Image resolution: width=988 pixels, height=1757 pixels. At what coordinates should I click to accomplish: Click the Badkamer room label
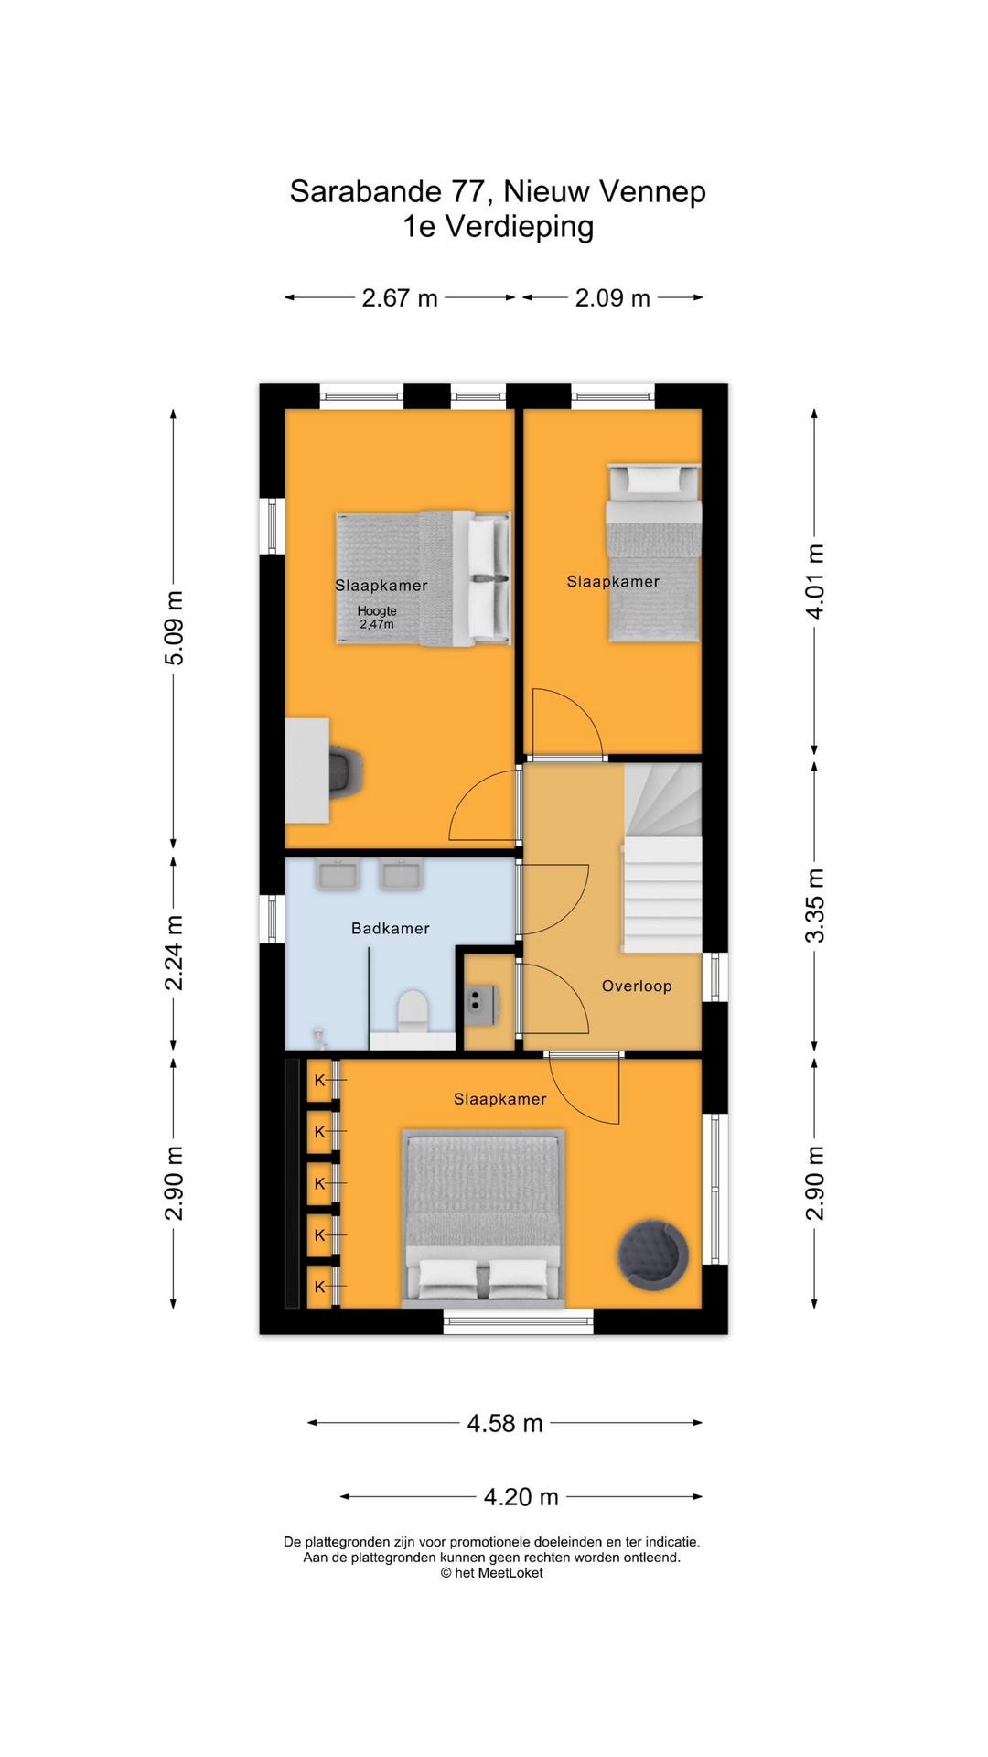(391, 929)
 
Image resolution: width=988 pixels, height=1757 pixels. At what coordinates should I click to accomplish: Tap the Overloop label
(637, 986)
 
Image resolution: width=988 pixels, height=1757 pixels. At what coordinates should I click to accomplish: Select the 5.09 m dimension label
(174, 628)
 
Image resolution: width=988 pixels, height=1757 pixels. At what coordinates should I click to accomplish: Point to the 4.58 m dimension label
(505, 1423)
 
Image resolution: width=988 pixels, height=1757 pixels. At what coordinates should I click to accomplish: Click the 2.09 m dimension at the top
(613, 298)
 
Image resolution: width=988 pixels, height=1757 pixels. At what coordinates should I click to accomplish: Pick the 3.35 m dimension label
(815, 906)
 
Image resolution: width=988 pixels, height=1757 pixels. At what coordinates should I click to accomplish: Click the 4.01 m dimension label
(815, 582)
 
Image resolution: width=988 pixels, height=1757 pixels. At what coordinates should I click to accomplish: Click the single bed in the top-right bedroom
(653, 553)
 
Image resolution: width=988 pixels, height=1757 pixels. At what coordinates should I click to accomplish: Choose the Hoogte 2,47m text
(377, 618)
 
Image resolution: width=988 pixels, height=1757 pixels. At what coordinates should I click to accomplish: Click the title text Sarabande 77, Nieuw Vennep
(498, 192)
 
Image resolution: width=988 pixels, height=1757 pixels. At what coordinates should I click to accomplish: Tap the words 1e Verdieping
(499, 227)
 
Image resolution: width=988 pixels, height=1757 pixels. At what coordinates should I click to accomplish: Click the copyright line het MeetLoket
(492, 1573)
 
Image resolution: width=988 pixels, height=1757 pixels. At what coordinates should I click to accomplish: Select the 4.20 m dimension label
(521, 1497)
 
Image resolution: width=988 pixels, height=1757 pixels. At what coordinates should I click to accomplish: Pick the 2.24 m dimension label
(174, 953)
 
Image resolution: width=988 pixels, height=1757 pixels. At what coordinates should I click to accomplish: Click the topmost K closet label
(320, 1081)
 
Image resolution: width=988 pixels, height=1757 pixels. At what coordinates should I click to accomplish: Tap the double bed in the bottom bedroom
(483, 1218)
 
